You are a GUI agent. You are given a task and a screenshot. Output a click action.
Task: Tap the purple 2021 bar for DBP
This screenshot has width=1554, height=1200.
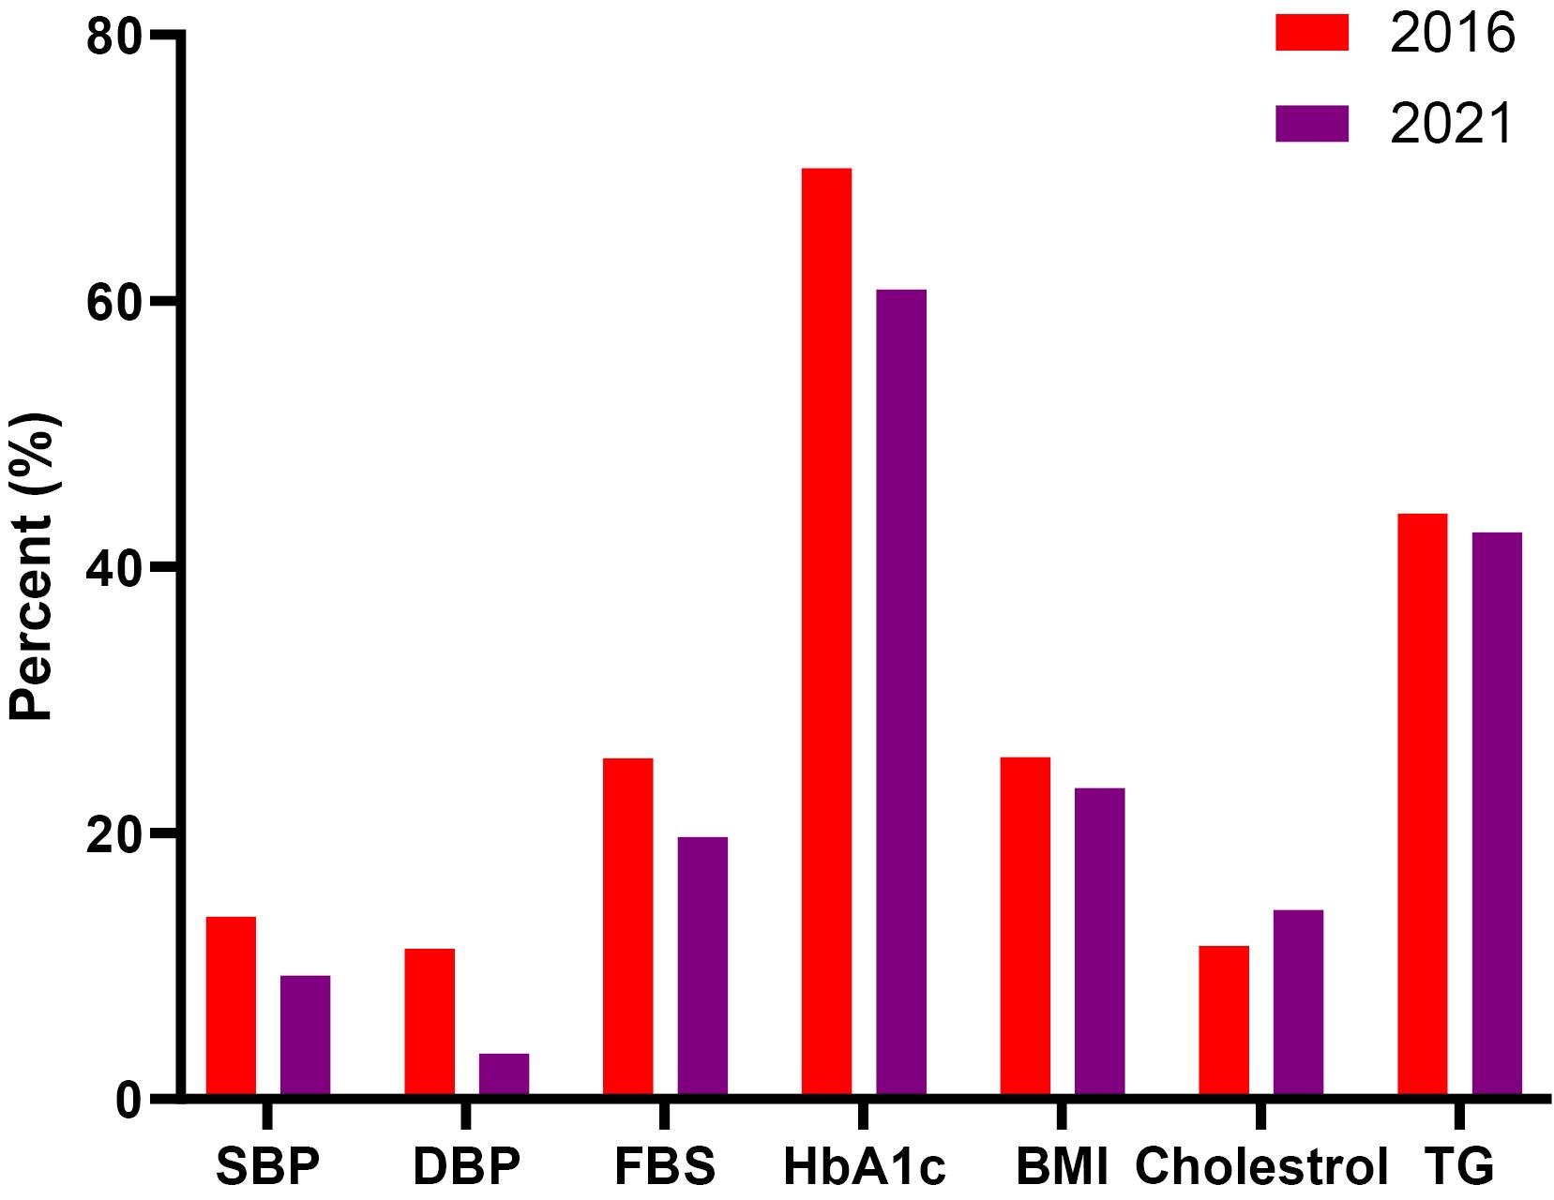pyautogui.click(x=504, y=1074)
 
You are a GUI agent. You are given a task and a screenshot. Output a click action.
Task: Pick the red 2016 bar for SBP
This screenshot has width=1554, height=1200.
pyautogui.click(x=231, y=1005)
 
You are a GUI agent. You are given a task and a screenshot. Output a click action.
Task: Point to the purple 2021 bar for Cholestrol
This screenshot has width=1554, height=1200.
pyautogui.click(x=1298, y=1002)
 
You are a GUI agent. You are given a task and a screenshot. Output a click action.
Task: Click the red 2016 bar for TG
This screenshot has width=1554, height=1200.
pyautogui.click(x=1422, y=803)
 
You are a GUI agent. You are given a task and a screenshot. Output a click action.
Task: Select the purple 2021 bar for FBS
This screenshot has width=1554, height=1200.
pyautogui.click(x=702, y=966)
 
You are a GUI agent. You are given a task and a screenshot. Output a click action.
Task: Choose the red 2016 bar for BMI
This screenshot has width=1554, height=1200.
pyautogui.click(x=1025, y=925)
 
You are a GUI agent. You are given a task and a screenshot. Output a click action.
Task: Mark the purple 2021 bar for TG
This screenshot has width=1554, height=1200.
pyautogui.click(x=1497, y=813)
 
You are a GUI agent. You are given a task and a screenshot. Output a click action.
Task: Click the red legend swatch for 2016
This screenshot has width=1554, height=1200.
pyautogui.click(x=1311, y=33)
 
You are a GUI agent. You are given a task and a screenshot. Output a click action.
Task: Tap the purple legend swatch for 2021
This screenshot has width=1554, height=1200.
pyautogui.click(x=1311, y=123)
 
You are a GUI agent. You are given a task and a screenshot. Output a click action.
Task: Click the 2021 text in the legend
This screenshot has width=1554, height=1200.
pyautogui.click(x=1453, y=124)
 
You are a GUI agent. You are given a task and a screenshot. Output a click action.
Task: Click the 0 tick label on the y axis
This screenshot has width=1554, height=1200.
pyautogui.click(x=129, y=1098)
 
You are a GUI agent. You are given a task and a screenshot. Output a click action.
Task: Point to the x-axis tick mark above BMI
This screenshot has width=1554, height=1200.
pyautogui.click(x=1062, y=1116)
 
